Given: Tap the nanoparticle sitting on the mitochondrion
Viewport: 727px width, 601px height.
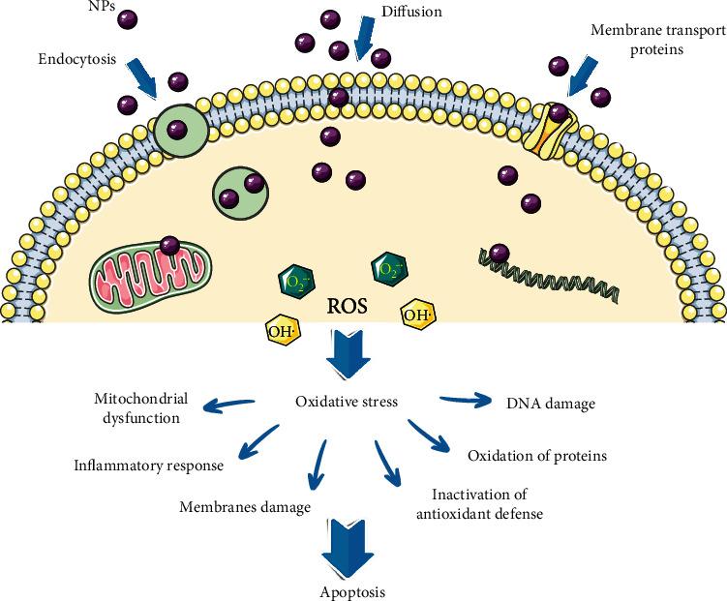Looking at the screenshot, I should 169,246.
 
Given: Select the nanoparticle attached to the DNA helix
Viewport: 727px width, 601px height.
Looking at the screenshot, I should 499,252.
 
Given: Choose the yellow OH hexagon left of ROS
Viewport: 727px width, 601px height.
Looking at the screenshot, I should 282,331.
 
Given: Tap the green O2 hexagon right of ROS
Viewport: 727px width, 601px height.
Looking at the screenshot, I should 388,266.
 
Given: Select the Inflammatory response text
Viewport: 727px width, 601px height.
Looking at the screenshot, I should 149,465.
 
